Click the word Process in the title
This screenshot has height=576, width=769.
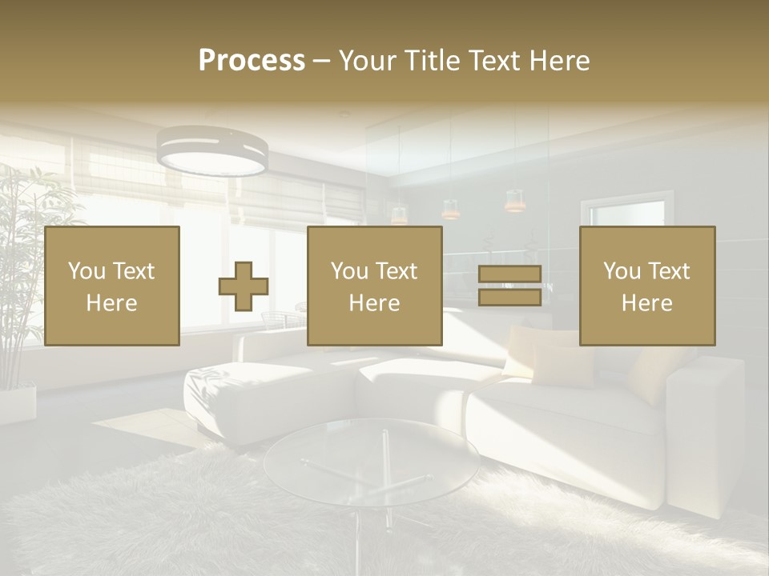(x=252, y=61)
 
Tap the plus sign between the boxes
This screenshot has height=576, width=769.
(x=244, y=286)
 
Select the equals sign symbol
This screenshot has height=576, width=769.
(x=509, y=286)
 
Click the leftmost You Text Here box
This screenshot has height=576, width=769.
(x=112, y=286)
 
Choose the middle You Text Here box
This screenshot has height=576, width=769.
(x=375, y=286)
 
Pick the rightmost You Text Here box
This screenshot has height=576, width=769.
(x=647, y=286)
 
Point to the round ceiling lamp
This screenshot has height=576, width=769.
(x=212, y=152)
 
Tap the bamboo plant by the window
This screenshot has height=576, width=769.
(x=24, y=264)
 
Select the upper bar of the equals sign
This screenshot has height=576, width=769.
(x=509, y=274)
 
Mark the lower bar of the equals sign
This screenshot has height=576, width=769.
(x=509, y=297)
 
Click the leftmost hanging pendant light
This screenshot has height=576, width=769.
(x=399, y=214)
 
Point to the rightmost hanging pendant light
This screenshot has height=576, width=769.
(x=514, y=200)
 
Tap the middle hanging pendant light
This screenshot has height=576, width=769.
(x=451, y=209)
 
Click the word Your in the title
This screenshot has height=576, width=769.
(x=369, y=61)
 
